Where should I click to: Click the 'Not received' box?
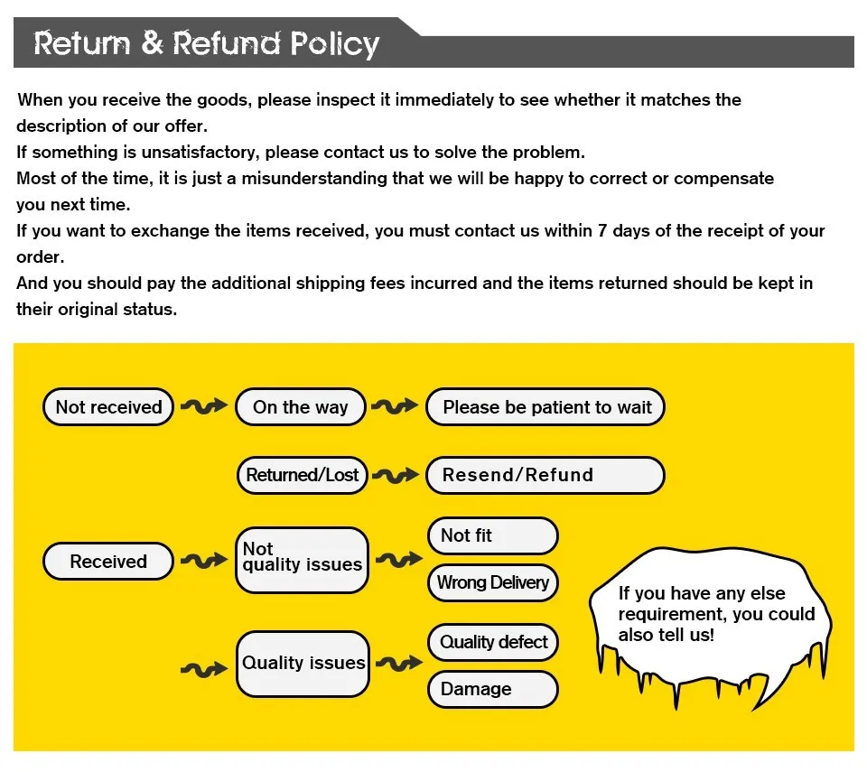[x=108, y=407]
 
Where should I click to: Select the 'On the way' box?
[x=301, y=407]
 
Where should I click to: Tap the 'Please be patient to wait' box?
[x=545, y=407]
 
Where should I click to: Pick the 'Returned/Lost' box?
[x=303, y=475]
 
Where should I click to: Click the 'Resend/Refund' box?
[x=545, y=475]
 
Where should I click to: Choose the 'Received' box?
[x=108, y=562]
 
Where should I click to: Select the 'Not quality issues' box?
[x=302, y=560]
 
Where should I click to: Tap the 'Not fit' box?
[x=493, y=535]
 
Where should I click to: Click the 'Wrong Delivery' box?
[x=493, y=583]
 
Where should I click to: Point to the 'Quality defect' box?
[x=493, y=643]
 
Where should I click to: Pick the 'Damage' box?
[x=493, y=690]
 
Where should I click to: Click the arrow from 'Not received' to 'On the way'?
[x=204, y=406]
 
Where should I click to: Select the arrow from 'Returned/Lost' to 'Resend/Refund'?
[x=396, y=476]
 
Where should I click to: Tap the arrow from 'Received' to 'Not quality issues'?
[x=204, y=561]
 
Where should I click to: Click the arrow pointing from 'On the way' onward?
[x=395, y=406]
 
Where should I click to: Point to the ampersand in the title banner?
[x=152, y=42]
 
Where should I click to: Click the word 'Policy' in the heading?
[x=334, y=44]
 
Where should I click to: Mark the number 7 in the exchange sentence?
[x=602, y=230]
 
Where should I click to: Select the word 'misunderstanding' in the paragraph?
[x=314, y=179]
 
